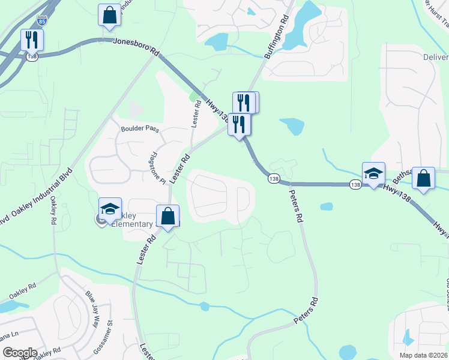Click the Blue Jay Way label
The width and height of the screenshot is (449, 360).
point(91,310)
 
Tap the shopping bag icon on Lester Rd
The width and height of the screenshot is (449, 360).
point(168,216)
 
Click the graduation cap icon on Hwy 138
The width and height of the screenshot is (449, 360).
point(373,174)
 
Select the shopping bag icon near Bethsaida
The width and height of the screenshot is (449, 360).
point(424,178)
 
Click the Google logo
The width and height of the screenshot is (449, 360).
point(20,353)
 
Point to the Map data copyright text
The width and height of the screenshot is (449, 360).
point(420,355)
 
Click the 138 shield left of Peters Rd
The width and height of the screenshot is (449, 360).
point(274,178)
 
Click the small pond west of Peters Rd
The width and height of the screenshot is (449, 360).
point(326,206)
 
